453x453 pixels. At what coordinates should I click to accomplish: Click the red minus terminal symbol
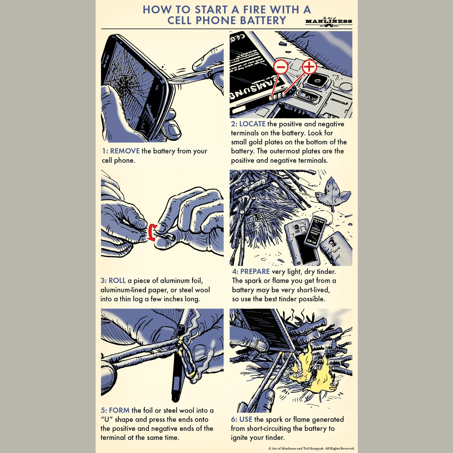[281, 67]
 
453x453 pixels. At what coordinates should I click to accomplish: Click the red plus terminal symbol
[309, 66]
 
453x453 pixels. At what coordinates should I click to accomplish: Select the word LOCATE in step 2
[252, 124]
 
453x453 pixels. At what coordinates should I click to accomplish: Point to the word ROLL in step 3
[117, 280]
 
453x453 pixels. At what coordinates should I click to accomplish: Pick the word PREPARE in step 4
[255, 271]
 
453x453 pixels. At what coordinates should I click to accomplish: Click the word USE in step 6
[245, 419]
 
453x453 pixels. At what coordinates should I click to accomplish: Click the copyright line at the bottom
[311, 448]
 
